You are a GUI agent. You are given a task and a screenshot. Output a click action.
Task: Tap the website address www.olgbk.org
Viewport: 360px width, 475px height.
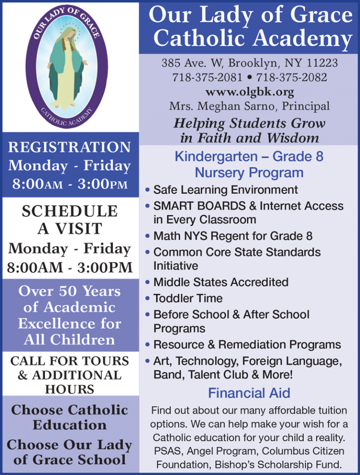249,91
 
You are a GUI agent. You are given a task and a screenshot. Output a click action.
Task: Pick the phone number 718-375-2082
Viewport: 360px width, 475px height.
292,77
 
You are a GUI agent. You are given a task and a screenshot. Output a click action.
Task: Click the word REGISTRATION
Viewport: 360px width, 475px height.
69,147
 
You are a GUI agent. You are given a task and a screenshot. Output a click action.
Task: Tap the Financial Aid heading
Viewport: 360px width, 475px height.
249,393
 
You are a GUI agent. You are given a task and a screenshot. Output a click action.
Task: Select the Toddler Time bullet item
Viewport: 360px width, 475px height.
188,298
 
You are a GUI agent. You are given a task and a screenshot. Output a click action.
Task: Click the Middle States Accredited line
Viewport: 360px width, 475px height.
221,282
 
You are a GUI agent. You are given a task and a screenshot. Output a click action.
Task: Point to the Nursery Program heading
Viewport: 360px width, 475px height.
249,173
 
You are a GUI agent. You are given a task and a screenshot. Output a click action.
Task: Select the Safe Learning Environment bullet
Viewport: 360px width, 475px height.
225,190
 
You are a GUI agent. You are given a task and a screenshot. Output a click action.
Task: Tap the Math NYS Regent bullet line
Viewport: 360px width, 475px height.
233,236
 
